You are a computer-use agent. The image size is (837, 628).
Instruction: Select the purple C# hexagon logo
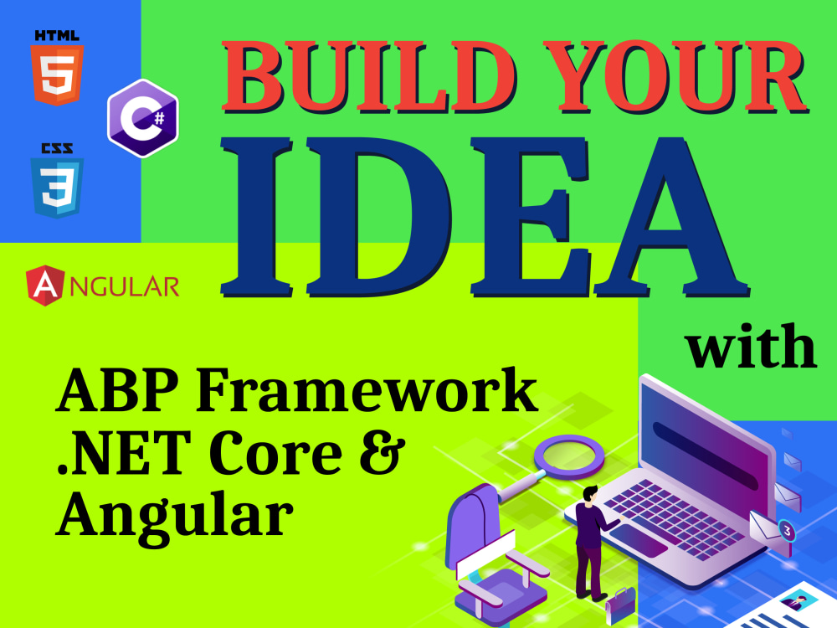(x=143, y=119)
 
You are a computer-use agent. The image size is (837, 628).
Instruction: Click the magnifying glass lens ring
(x=569, y=456)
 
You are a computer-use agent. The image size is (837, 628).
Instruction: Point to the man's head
(x=590, y=494)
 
